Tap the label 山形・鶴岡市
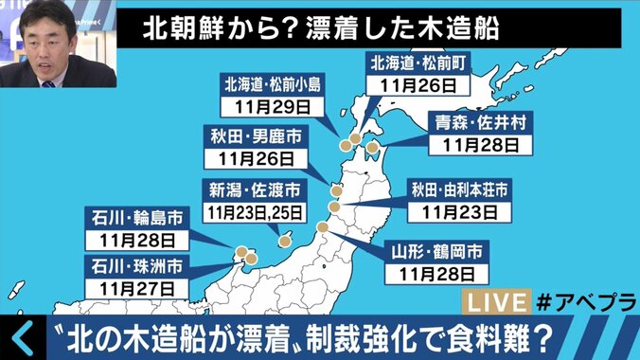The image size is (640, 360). pos(438,251)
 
